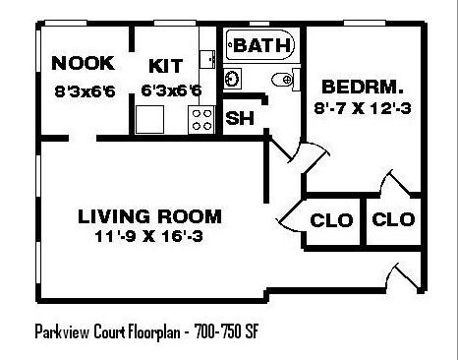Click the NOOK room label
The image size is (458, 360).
(84, 64)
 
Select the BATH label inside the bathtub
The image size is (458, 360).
(260, 45)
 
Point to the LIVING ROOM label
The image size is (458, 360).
(149, 216)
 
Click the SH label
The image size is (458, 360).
(238, 119)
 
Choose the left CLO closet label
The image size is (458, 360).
(330, 219)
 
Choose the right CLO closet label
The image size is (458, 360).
(393, 219)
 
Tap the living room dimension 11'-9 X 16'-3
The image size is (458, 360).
(149, 236)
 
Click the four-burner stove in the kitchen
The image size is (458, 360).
(202, 120)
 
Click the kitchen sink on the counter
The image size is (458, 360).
(207, 59)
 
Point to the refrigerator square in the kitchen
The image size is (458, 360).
(151, 118)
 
